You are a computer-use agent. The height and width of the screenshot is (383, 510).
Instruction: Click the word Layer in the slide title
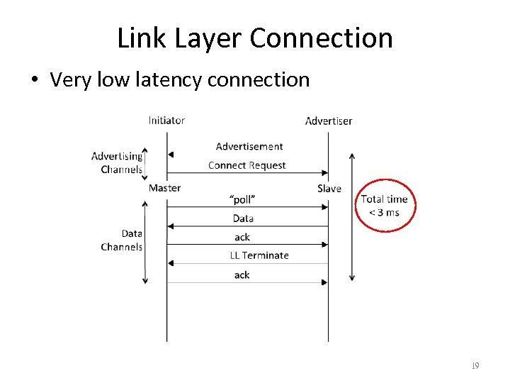tap(205, 38)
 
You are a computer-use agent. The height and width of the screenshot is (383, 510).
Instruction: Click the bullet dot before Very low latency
tap(35, 80)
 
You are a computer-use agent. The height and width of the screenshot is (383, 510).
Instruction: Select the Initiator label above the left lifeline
tap(166, 120)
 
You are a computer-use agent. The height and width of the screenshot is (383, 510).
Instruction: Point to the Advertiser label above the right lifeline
tap(328, 121)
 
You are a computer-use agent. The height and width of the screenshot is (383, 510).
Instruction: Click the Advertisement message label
tap(249, 147)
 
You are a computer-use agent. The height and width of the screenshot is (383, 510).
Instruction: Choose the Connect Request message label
tap(246, 165)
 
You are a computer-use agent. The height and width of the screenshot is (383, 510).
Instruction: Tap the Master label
tap(164, 188)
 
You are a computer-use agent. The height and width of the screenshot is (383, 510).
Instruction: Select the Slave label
tap(329, 189)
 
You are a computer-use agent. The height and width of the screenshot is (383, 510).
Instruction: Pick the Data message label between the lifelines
tap(243, 218)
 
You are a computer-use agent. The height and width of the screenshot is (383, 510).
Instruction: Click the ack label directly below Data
tap(242, 237)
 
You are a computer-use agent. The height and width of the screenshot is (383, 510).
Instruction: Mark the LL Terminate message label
tap(259, 255)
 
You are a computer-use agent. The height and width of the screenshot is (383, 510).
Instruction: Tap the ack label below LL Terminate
tap(242, 274)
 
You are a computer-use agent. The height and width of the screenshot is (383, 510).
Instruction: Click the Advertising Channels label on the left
tap(118, 162)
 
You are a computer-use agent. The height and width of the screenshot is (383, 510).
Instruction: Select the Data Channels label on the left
tap(122, 240)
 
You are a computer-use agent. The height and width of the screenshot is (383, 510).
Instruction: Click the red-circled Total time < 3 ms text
tap(384, 206)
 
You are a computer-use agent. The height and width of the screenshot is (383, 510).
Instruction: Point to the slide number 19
tap(475, 366)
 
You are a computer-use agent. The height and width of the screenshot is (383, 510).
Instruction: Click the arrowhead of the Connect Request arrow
tap(325, 172)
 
